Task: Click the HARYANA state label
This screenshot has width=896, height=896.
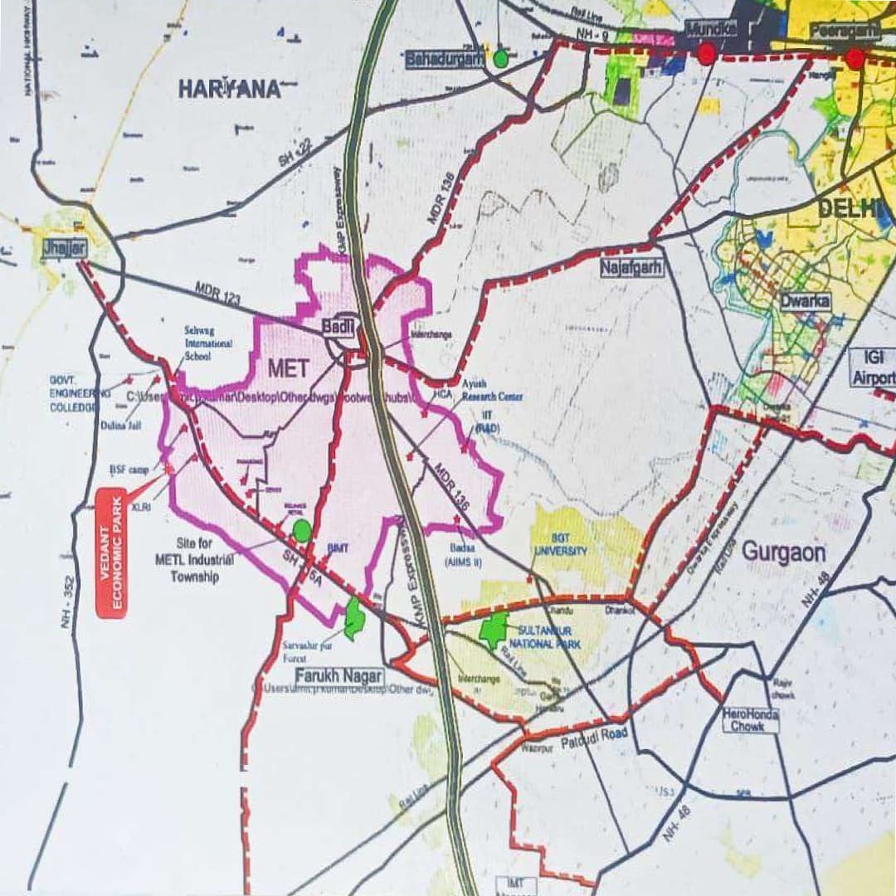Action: [x=230, y=89]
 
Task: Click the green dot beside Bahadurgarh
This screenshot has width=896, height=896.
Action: [x=500, y=58]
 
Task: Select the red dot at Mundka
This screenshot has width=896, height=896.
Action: [x=707, y=55]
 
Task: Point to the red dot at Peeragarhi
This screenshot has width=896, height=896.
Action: [x=855, y=58]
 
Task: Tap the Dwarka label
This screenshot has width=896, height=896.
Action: [x=804, y=302]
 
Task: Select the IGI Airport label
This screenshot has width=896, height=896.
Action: [x=873, y=368]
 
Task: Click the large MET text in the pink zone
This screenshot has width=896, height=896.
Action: [x=288, y=367]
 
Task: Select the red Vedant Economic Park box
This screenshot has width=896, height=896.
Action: [x=111, y=553]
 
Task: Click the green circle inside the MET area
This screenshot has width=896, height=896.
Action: [x=303, y=531]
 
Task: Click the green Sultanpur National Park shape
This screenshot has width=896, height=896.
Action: [x=494, y=631]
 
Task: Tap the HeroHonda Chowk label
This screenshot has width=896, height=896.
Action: [x=750, y=720]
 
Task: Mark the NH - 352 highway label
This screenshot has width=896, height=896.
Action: [x=67, y=601]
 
